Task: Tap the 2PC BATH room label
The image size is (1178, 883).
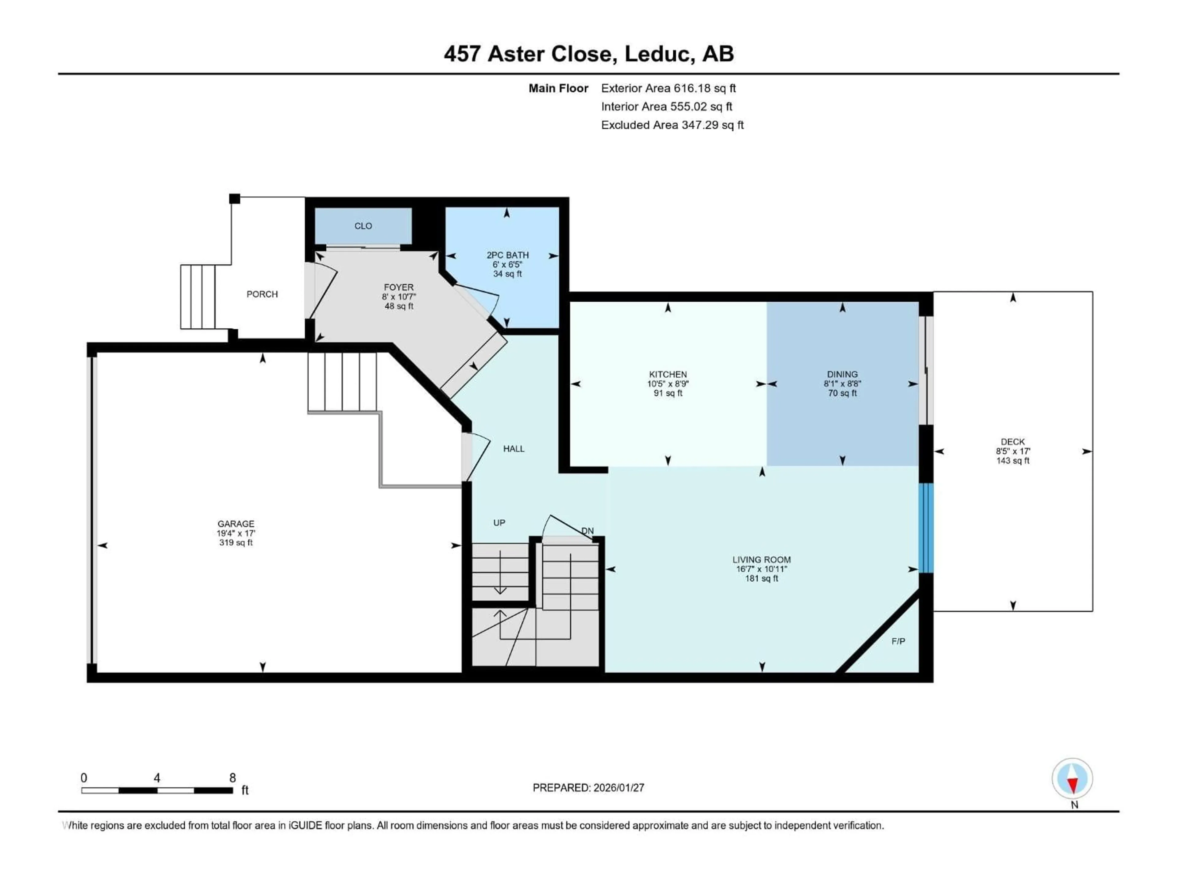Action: (507, 255)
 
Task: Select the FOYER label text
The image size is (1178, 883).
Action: (398, 287)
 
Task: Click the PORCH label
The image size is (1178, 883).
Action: (262, 294)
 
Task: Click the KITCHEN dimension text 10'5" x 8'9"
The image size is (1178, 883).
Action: (668, 384)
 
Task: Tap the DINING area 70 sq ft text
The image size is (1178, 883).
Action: (842, 393)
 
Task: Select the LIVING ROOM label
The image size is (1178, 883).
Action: (761, 560)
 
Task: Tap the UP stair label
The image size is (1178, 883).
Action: (499, 523)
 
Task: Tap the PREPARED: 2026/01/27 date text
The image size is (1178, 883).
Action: (588, 788)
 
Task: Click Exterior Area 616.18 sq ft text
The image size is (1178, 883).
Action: (668, 88)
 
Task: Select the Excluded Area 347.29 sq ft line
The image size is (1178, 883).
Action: (672, 125)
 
